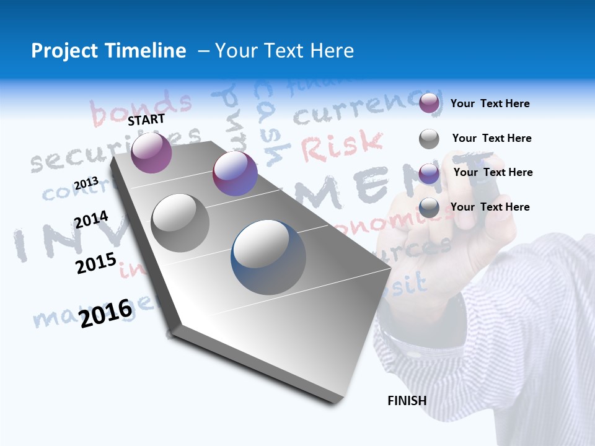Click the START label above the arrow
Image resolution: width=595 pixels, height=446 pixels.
[146, 120]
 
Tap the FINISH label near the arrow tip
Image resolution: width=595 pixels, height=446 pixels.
[407, 401]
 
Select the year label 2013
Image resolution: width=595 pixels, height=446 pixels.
[86, 183]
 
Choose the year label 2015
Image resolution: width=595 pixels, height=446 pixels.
[95, 263]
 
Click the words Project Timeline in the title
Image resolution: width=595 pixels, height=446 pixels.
[108, 51]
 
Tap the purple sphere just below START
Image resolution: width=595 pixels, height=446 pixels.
[151, 152]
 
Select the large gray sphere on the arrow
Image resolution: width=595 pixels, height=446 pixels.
[180, 222]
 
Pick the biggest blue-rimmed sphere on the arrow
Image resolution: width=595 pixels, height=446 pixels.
[268, 256]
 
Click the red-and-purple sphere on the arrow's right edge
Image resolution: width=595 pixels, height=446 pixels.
[235, 173]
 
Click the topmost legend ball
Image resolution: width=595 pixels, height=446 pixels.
[429, 103]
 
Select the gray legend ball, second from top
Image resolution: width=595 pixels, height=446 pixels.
[429, 139]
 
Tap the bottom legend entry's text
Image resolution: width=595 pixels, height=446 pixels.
[490, 207]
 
